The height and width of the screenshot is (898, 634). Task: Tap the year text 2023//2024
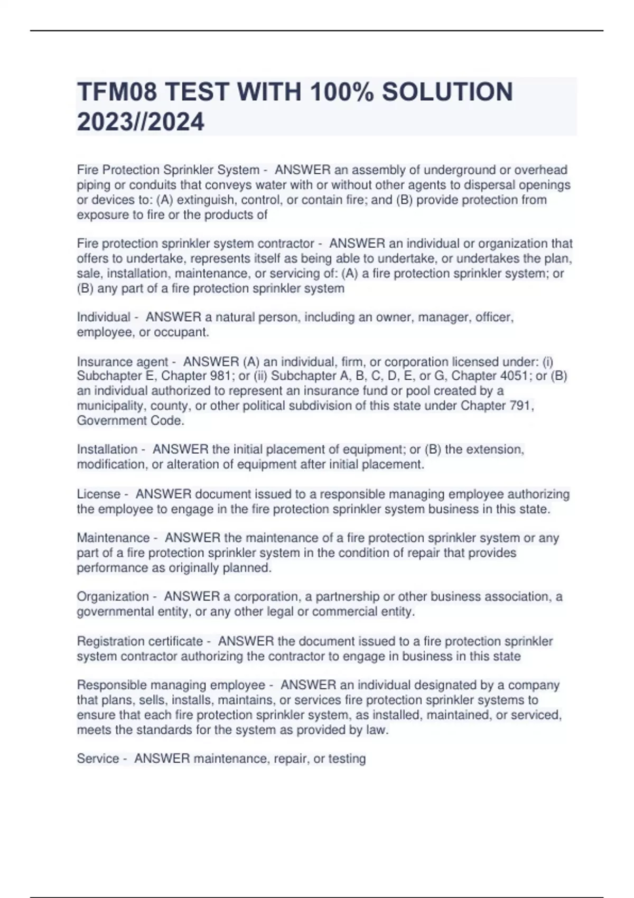point(141,123)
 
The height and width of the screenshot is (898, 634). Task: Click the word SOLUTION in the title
point(447,92)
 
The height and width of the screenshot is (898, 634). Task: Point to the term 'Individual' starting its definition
point(104,317)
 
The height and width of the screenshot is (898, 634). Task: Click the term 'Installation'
point(107,450)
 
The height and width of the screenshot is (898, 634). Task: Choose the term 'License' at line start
point(99,494)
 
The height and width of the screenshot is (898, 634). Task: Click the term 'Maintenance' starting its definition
point(113,538)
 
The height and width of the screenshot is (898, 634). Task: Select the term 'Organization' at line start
point(113,597)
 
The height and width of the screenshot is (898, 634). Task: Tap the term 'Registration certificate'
point(140,641)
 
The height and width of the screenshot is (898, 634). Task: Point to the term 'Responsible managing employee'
point(171,686)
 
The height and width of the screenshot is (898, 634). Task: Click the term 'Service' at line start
point(98,759)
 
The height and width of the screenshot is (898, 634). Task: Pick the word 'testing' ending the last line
point(347,759)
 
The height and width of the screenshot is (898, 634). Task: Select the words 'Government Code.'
point(130,421)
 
